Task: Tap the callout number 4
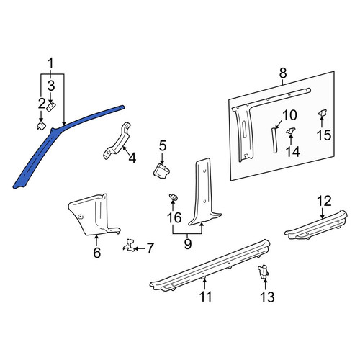[x=132, y=158]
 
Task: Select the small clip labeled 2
[x=41, y=125]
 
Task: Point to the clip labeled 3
[x=51, y=107]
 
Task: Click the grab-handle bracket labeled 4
[x=117, y=142]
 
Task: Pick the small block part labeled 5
[x=161, y=171]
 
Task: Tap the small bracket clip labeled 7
[x=130, y=246]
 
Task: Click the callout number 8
[x=283, y=73]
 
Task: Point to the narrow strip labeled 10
[x=274, y=140]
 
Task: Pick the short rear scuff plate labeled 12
[x=315, y=225]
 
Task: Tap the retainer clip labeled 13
[x=264, y=272]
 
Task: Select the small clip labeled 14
[x=291, y=131]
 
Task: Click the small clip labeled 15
[x=322, y=113]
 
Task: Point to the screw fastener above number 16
[x=174, y=197]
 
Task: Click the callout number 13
[x=267, y=297]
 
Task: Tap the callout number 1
[x=50, y=64]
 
